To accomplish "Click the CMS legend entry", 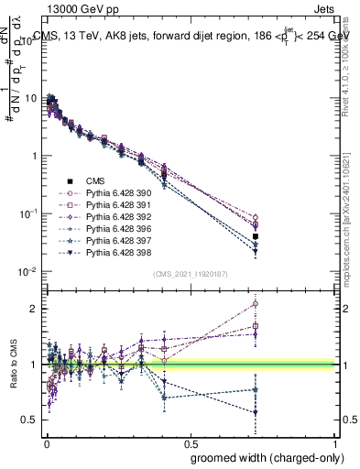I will click(x=94, y=181).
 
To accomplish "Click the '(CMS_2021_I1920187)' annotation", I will click(x=190, y=273).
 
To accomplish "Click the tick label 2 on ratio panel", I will click(x=33, y=309).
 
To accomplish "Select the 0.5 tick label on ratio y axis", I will click(x=29, y=420).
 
